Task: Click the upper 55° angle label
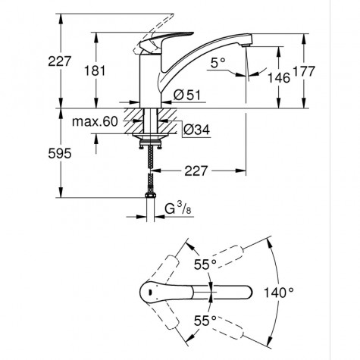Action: pyautogui.click(x=201, y=265)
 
